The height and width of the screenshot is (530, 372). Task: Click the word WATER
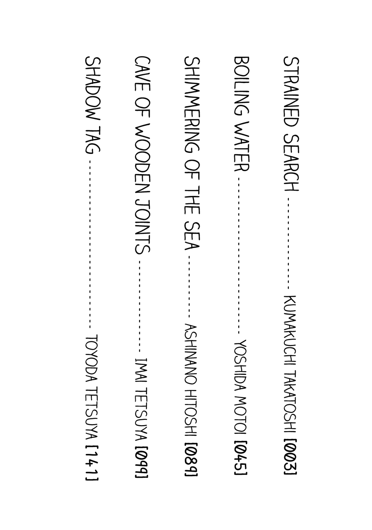242,147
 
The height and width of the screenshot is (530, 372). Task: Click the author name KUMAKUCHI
290,331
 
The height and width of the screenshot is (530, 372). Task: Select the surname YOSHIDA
241,364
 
